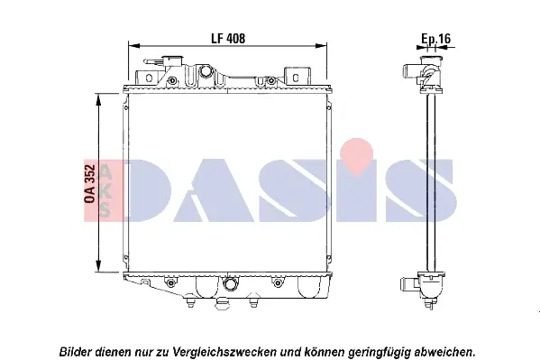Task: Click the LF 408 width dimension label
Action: click(228, 38)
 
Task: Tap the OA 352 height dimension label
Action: click(89, 184)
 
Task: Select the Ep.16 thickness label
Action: click(435, 39)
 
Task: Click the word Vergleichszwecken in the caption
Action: click(224, 352)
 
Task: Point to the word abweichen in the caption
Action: click(444, 352)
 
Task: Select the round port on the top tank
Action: click(206, 71)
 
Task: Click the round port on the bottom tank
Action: click(230, 284)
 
